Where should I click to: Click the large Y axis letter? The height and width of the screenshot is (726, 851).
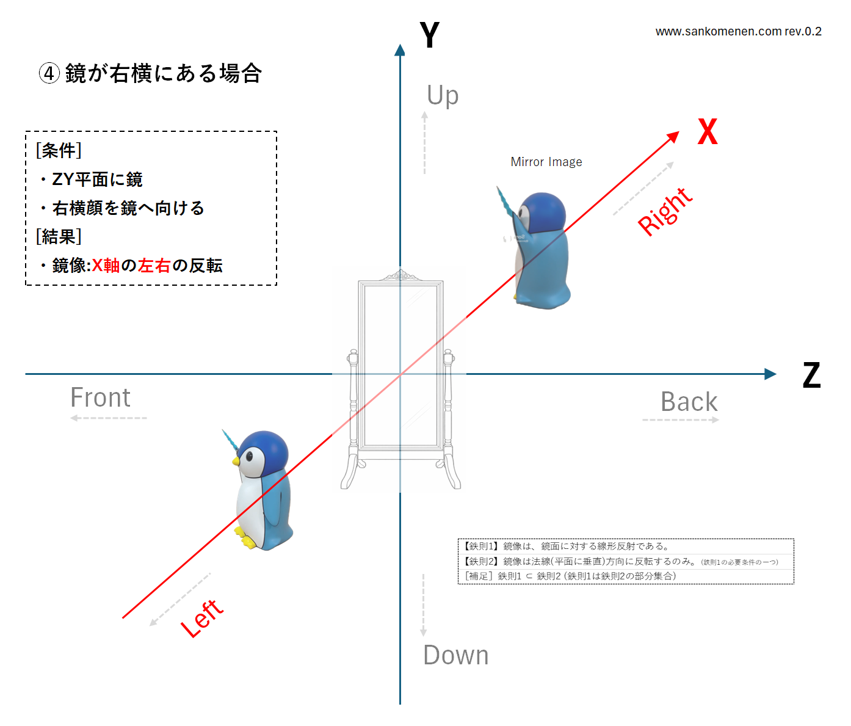tap(429, 35)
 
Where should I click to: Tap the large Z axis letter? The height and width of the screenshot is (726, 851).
tap(811, 375)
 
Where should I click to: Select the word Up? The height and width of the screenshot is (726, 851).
tap(443, 95)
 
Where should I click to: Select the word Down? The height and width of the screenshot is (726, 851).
tap(456, 655)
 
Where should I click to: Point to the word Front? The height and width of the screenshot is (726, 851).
tap(101, 397)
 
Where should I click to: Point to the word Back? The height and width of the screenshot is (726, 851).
tap(689, 402)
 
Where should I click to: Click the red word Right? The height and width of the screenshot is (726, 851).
tap(665, 212)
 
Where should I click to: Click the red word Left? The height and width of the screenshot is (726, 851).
tap(202, 618)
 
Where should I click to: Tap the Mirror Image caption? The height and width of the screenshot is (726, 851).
tap(546, 162)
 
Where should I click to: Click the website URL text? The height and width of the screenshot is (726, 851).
tap(738, 31)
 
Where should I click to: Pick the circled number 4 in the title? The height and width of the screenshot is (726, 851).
tap(49, 74)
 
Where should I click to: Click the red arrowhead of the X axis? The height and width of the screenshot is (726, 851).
tap(673, 137)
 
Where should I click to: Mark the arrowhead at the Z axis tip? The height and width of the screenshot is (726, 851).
tap(770, 374)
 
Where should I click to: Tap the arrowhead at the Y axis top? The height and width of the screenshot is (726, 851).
tap(400, 50)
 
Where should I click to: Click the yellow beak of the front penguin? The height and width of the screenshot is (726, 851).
tap(236, 461)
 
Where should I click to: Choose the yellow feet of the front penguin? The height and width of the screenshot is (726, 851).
tap(245, 538)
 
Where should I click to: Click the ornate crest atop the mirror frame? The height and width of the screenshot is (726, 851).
tap(400, 275)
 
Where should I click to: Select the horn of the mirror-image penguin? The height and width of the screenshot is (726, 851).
tap(505, 201)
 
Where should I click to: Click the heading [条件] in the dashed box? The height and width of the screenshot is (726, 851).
tap(59, 150)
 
